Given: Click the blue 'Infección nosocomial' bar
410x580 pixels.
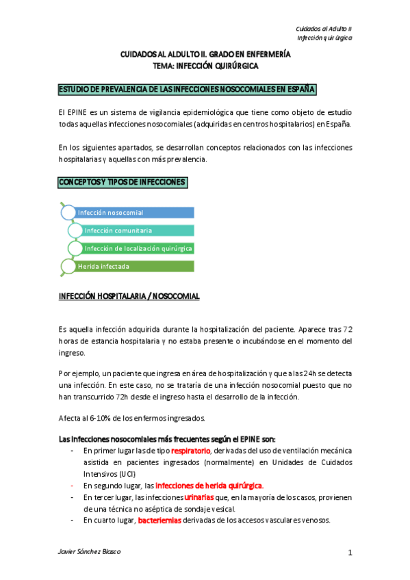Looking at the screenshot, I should click(133, 213).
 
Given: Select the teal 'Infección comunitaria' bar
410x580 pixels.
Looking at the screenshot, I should click(137, 230).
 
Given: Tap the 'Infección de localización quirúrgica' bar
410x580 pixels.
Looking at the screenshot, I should click(137, 248).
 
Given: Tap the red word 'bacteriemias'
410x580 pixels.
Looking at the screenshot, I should click(159, 520).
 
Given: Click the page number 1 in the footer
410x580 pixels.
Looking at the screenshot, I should click(350, 553).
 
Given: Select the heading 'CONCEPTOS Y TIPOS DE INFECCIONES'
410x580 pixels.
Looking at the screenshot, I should click(118, 183).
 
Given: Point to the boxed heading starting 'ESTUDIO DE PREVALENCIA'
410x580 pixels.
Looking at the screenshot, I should click(186, 90).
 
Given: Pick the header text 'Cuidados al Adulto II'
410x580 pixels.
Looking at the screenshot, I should click(323, 29).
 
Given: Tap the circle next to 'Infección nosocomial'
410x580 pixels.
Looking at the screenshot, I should click(68, 213).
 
